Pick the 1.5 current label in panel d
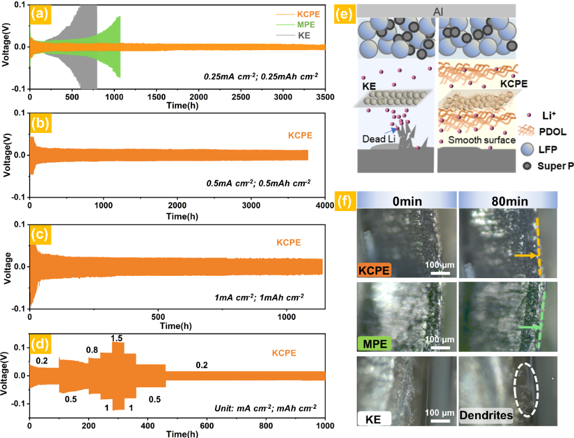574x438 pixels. [117, 338]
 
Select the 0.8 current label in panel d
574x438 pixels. [92, 349]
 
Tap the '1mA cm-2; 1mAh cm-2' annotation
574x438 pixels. [260, 296]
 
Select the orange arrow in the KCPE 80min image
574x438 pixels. [527, 256]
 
